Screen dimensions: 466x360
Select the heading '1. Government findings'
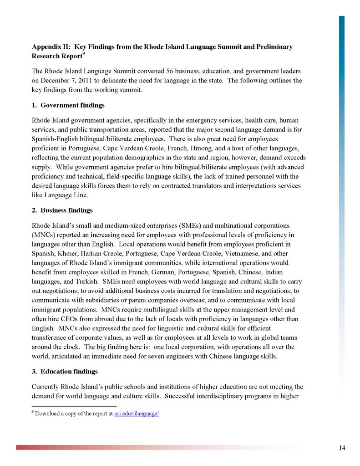68,105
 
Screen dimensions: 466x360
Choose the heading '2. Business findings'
62,210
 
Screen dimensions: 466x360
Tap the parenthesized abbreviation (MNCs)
43,235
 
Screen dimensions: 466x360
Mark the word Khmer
66,253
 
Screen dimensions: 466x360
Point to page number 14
342,448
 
